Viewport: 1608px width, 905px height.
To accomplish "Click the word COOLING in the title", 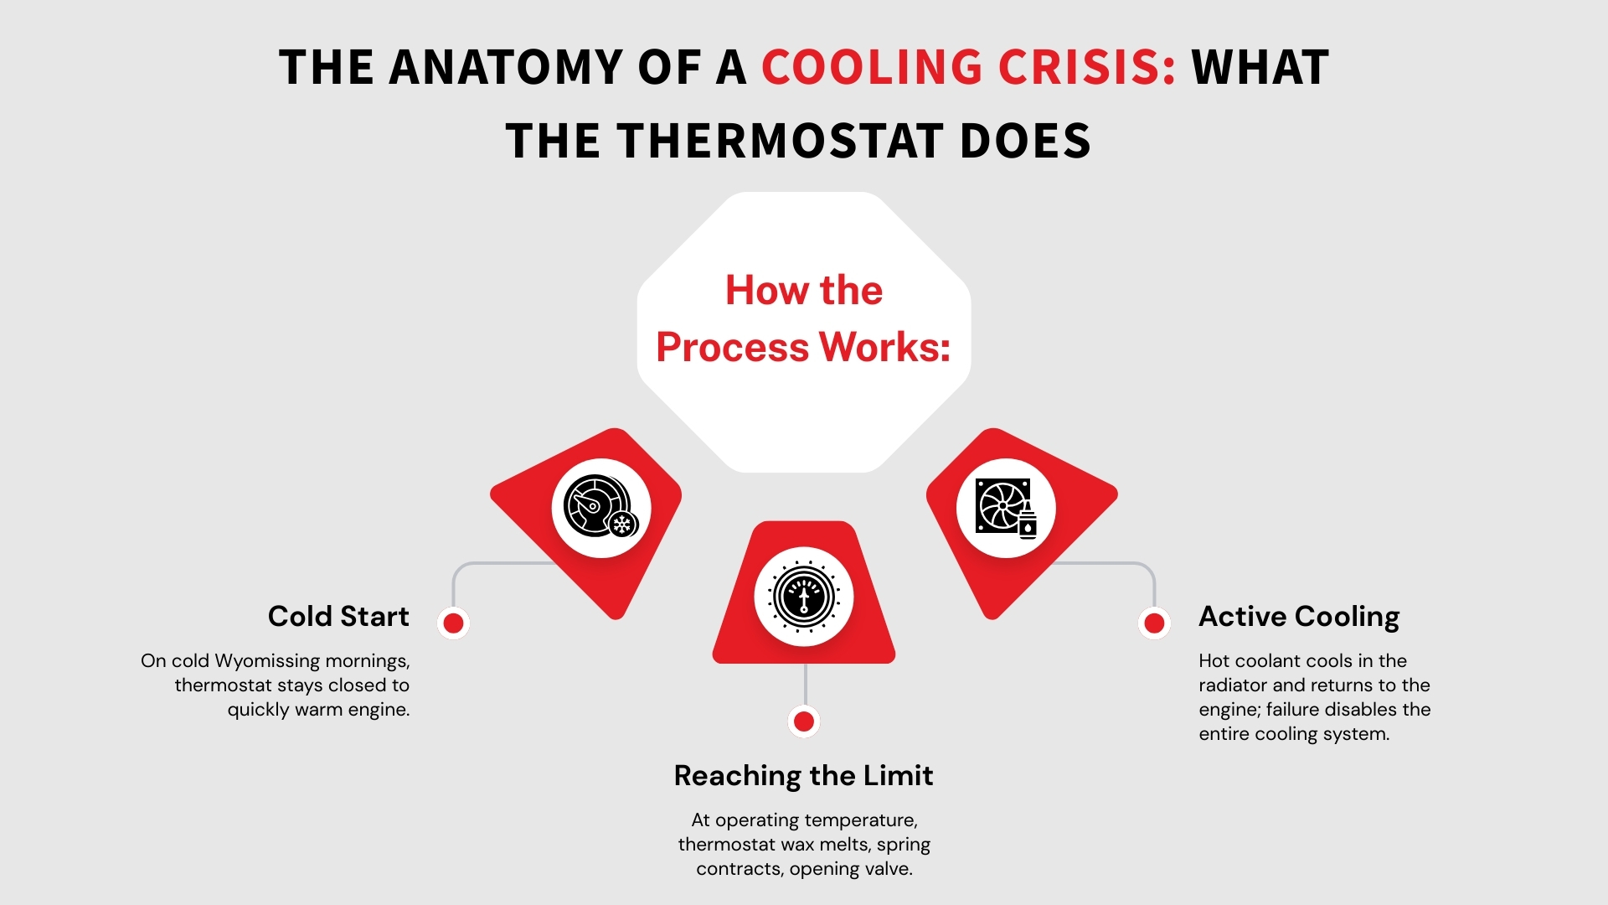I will [x=871, y=68].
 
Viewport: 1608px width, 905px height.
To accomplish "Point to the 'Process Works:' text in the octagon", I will [x=803, y=347].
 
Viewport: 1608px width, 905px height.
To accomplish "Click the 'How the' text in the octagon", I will [x=803, y=290].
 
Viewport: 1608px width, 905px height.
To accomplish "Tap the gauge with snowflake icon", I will [x=600, y=507].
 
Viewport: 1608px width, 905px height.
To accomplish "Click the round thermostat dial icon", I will [x=803, y=597].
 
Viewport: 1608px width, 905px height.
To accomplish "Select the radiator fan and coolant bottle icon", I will [x=1005, y=507].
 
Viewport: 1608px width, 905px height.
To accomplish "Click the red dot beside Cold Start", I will [x=453, y=623].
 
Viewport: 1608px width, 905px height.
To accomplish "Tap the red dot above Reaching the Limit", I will [x=803, y=721].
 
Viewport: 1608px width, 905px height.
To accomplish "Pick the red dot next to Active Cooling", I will [x=1154, y=623].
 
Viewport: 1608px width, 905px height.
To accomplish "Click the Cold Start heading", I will [x=338, y=617].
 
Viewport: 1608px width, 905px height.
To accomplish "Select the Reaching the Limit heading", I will [x=803, y=776].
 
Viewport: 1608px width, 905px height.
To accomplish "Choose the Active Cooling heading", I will [x=1299, y=617].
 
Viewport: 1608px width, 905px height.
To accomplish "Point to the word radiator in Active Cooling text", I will [x=1233, y=685].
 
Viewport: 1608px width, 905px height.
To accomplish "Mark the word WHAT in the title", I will [x=1260, y=68].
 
